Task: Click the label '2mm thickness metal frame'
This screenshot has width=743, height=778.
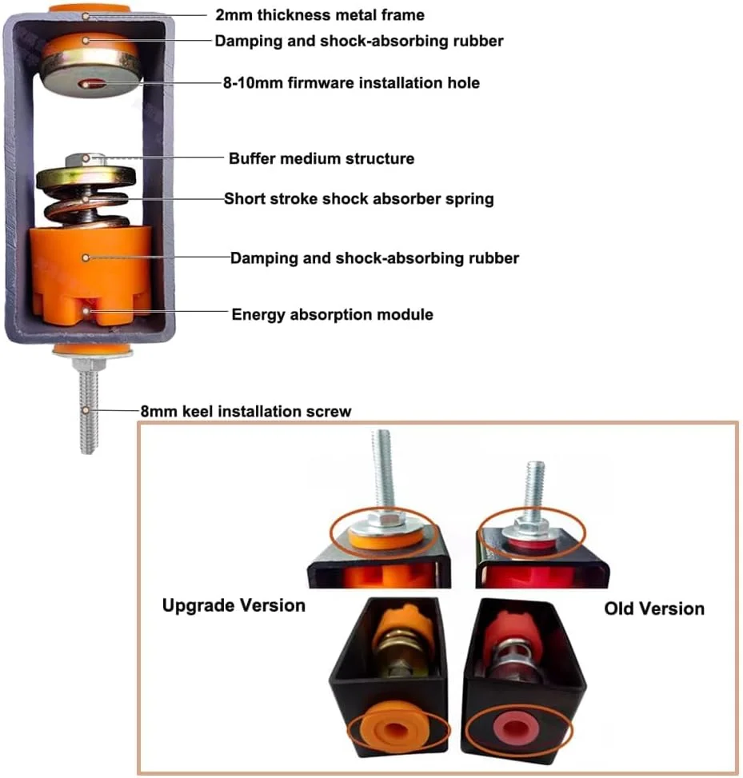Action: tap(320, 15)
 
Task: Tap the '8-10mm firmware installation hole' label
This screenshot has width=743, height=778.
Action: tap(351, 82)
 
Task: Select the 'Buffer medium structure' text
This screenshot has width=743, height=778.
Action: tap(322, 158)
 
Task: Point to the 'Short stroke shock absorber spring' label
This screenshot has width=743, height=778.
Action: tap(359, 198)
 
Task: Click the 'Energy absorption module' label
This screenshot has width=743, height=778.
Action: tap(333, 314)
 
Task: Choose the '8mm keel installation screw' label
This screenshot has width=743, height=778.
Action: tap(246, 411)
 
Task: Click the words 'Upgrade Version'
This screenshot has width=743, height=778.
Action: tap(234, 605)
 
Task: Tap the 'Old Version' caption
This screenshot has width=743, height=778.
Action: tap(654, 608)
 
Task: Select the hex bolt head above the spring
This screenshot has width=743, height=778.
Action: tap(86, 160)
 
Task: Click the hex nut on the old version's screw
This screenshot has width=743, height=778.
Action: tap(530, 524)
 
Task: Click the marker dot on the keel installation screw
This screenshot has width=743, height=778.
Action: tap(86, 411)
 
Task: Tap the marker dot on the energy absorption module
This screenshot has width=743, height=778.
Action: tap(86, 311)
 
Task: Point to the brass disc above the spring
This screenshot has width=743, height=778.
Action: tap(86, 178)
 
